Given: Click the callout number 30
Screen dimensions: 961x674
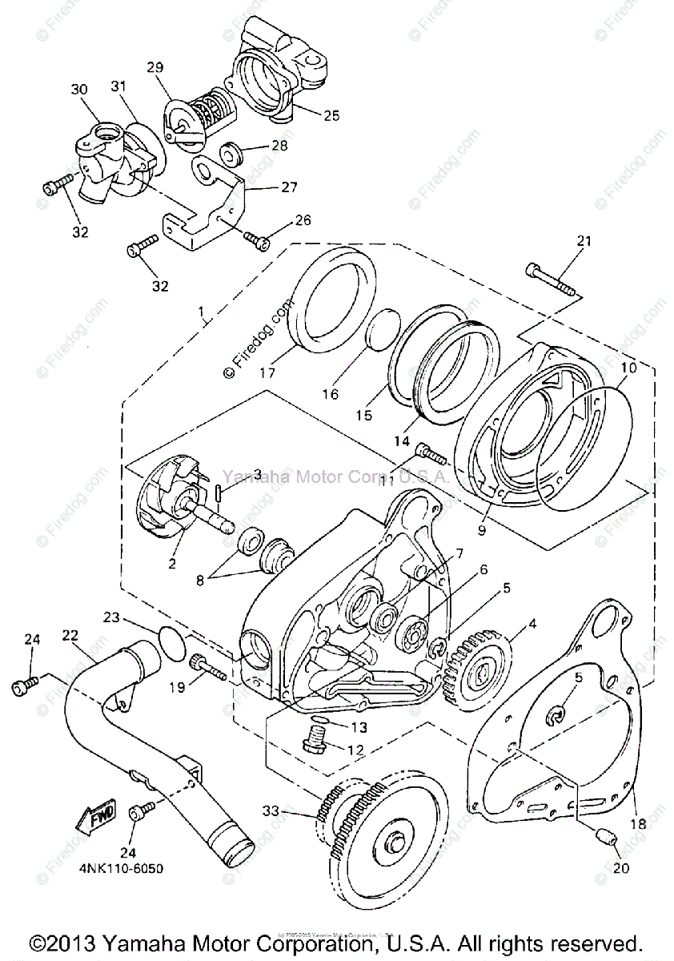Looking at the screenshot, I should click(78, 90).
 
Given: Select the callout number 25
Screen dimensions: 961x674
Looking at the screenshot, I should click(330, 115).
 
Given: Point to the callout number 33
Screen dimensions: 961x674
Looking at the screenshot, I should click(272, 811).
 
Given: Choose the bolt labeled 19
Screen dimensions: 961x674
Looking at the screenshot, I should click(207, 666).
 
